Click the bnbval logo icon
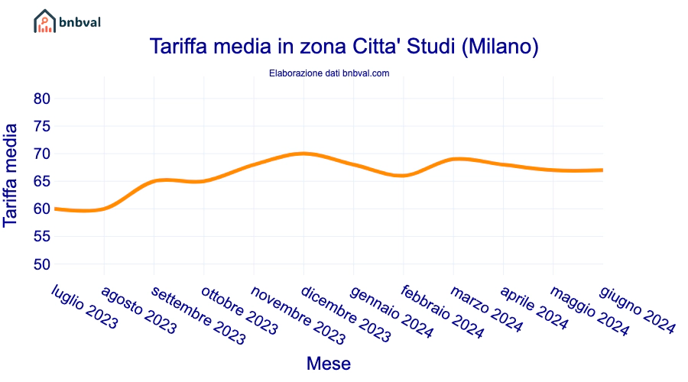[x=44, y=22]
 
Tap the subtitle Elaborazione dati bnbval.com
[x=330, y=73]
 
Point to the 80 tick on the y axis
[x=42, y=99]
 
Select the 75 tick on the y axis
[x=42, y=126]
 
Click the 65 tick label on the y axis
[x=42, y=181]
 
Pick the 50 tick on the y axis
[x=42, y=264]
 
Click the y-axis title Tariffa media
[x=11, y=174]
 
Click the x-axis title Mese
[x=329, y=363]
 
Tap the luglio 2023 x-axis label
[x=85, y=306]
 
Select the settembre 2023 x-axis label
[x=198, y=315]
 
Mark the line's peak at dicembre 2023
[x=303, y=154]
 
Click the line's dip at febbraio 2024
[x=404, y=176]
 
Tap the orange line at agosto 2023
[x=104, y=209]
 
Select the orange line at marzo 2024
[x=453, y=159]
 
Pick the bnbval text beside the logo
[x=80, y=22]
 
